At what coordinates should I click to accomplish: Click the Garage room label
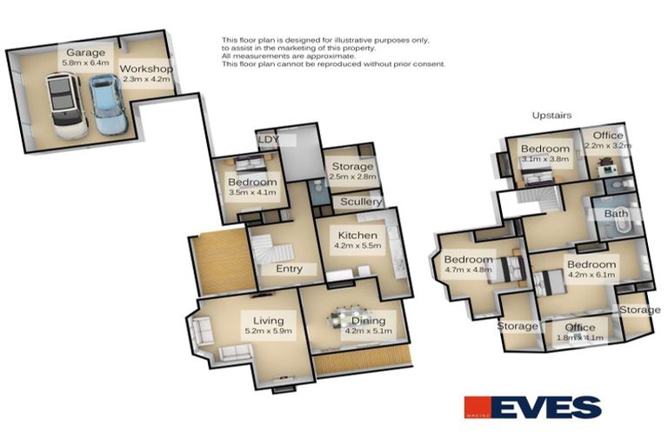[85, 53]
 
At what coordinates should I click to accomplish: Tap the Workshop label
[146, 69]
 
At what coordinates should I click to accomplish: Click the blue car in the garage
[106, 104]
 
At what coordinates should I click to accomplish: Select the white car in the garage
[65, 104]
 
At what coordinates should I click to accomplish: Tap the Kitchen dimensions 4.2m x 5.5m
[357, 247]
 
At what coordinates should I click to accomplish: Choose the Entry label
[289, 269]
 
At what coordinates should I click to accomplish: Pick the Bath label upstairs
[616, 213]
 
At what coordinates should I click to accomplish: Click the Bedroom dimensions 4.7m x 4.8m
[468, 270]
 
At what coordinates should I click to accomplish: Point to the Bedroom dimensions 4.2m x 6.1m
[591, 276]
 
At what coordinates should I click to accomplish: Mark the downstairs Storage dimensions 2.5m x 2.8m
[352, 177]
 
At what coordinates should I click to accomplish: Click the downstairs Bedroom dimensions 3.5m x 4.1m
[251, 193]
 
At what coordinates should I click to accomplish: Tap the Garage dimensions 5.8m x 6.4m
[85, 63]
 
